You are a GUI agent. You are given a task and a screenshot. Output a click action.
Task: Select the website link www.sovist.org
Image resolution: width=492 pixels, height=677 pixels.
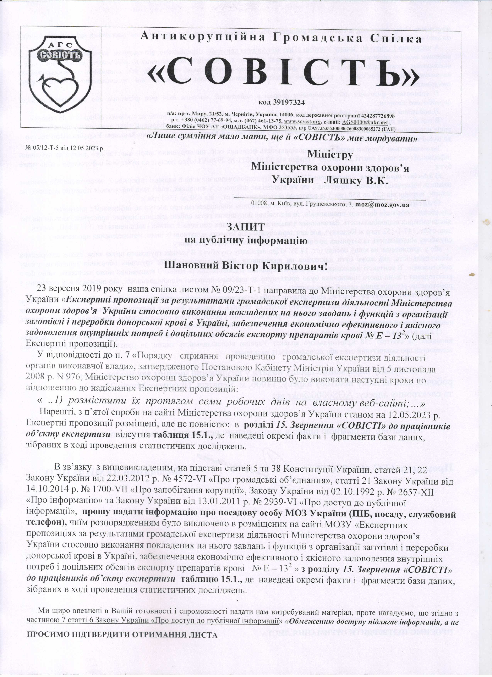pyautogui.click(x=298, y=122)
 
